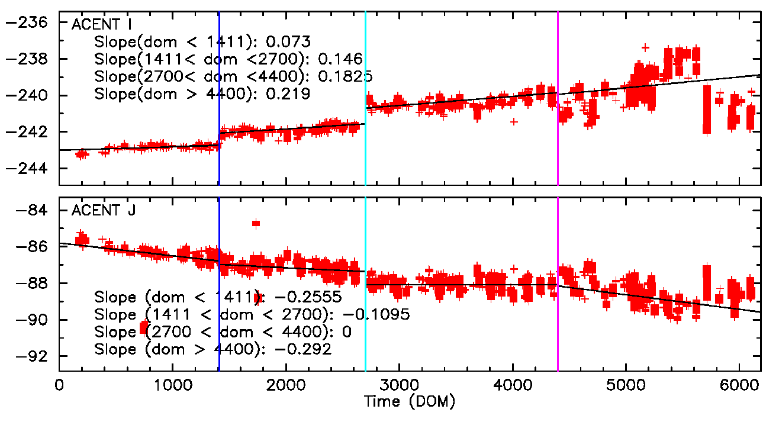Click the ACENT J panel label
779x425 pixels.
[102, 210]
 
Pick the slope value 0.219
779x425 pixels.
[289, 94]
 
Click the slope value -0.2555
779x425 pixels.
[305, 297]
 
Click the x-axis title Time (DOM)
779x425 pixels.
[410, 403]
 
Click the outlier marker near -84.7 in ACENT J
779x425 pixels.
[256, 223]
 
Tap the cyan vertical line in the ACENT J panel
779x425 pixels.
[365, 331]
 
